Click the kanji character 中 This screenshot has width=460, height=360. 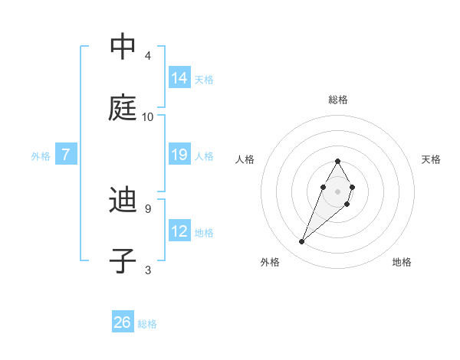click(123, 47)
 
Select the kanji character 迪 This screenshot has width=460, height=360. click(123, 201)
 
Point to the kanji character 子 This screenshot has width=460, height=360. click(123, 261)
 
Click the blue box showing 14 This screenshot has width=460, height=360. click(179, 77)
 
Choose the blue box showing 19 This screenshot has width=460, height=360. click(179, 155)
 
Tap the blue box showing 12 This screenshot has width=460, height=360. click(179, 231)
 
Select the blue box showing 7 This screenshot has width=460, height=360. click(66, 155)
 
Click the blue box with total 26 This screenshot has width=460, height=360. click(123, 322)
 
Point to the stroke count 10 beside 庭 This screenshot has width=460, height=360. click(148, 116)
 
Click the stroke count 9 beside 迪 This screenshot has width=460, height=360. click(147, 208)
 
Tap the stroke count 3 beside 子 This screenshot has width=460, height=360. click(147, 269)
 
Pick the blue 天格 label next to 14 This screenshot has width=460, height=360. click(204, 80)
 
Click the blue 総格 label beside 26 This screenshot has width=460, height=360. click(148, 324)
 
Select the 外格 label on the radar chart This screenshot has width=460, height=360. click(270, 262)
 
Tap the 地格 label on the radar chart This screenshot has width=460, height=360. click(402, 262)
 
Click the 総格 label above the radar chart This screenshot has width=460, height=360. click(337, 100)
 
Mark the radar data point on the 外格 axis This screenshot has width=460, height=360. click(302, 242)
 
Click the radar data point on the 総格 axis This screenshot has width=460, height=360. click(337, 161)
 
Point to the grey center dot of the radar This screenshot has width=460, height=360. click(337, 191)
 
